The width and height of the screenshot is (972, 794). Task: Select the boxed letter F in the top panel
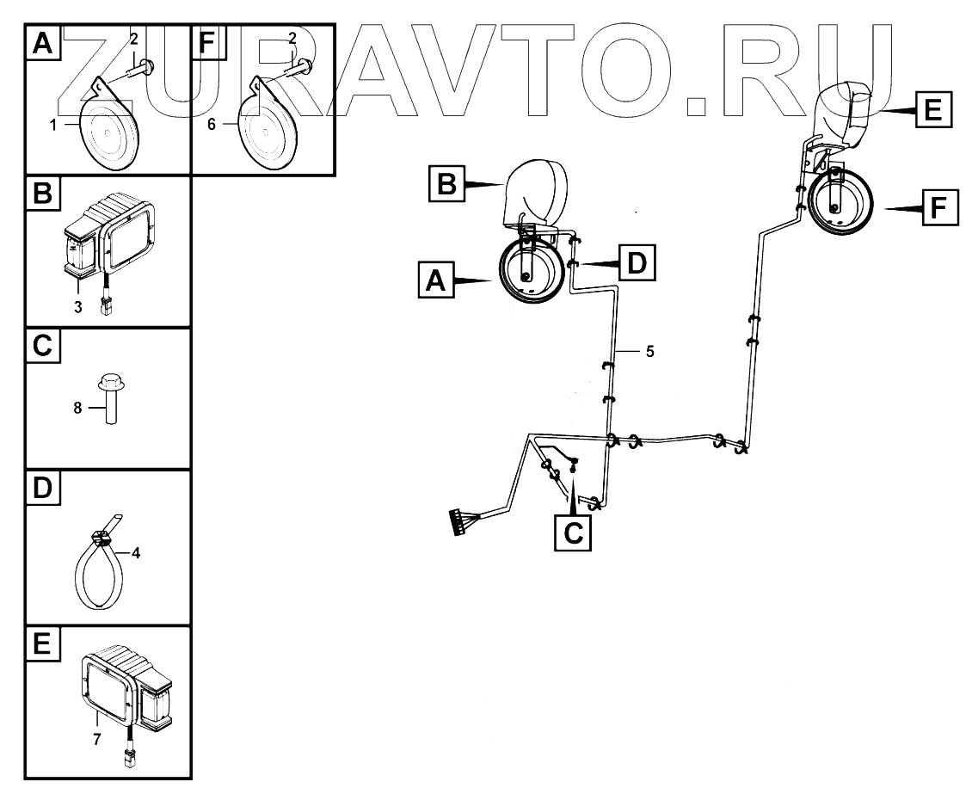(207, 42)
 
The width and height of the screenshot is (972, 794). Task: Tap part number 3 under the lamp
(78, 306)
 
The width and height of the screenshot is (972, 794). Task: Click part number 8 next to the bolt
(77, 409)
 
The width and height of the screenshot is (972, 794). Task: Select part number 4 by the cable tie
(135, 555)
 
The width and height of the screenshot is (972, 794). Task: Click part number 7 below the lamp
(96, 739)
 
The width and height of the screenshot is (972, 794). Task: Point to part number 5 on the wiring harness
(650, 352)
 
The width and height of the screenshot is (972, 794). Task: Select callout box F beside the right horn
(939, 209)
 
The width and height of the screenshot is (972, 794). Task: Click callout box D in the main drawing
(636, 262)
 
